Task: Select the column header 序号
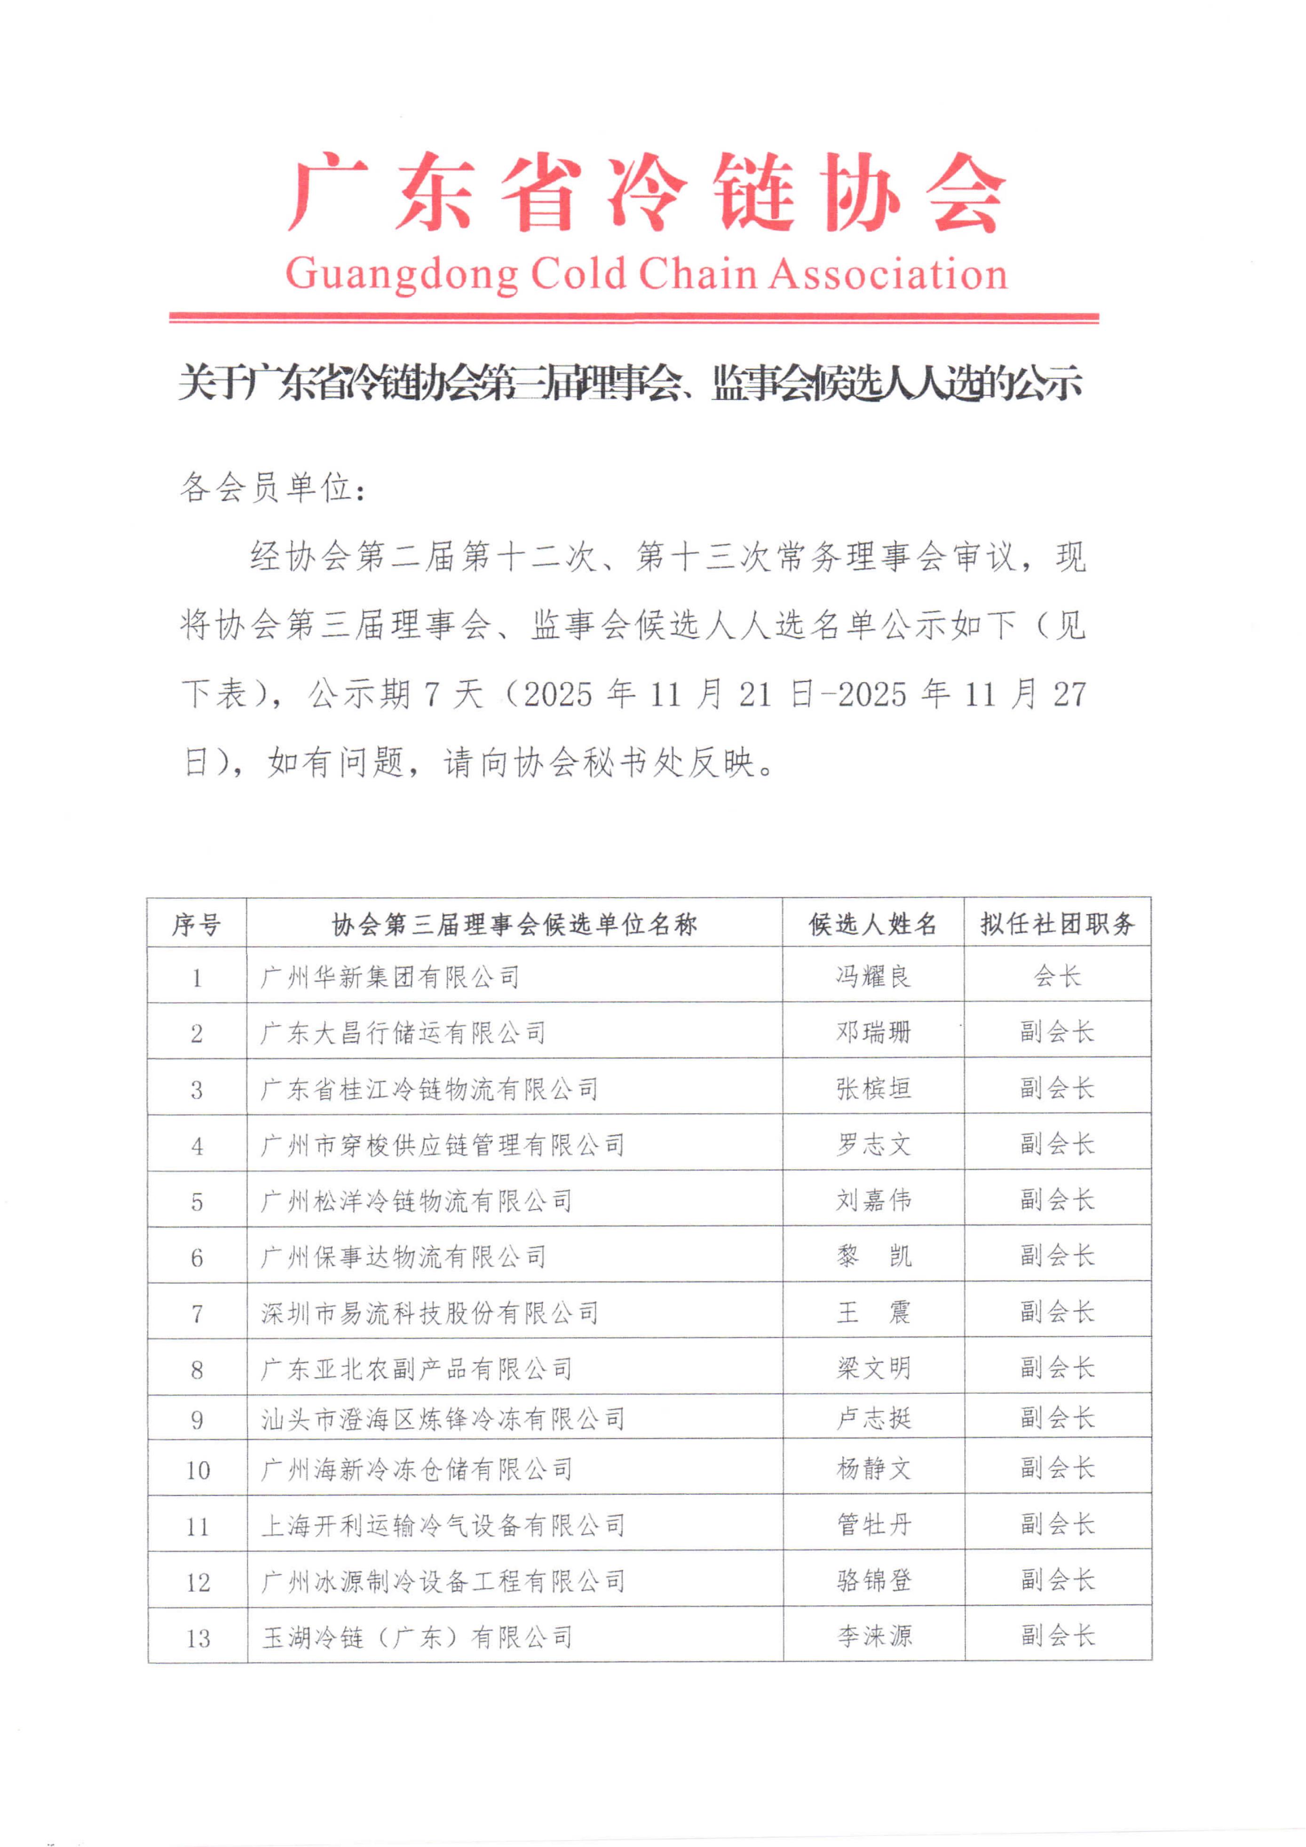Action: tap(196, 924)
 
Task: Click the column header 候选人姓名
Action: tap(873, 924)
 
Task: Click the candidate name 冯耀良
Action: tap(873, 976)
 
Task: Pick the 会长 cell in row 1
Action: tap(1057, 976)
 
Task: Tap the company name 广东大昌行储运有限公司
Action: tap(403, 1033)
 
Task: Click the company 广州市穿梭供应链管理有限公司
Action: tap(443, 1145)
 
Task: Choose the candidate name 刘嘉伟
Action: tap(873, 1200)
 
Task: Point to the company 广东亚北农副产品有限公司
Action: tap(416, 1368)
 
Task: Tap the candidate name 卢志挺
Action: tap(873, 1418)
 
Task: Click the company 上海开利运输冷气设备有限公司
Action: tap(443, 1525)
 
